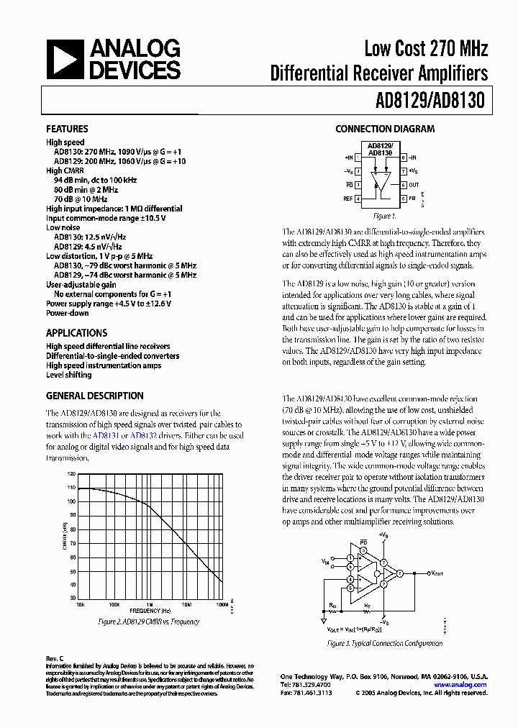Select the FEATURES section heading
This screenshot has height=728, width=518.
pyautogui.click(x=67, y=129)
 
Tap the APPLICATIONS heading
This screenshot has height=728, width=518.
pyautogui.click(x=76, y=333)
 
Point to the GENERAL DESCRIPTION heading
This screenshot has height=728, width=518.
pyautogui.click(x=94, y=396)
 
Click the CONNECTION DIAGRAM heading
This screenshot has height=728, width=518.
pyautogui.click(x=385, y=129)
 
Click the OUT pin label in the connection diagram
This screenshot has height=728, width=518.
pyautogui.click(x=414, y=184)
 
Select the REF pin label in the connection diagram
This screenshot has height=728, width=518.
pyautogui.click(x=348, y=198)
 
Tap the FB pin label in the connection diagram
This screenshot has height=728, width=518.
pyautogui.click(x=412, y=198)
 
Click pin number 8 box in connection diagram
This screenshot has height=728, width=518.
pyautogui.click(x=404, y=157)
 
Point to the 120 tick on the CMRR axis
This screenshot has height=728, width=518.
pyautogui.click(x=71, y=474)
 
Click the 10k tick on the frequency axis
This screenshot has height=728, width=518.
pyautogui.click(x=79, y=604)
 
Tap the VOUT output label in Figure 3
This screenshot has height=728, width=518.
pyautogui.click(x=437, y=573)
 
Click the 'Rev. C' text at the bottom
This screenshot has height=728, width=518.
pyautogui.click(x=55, y=658)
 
